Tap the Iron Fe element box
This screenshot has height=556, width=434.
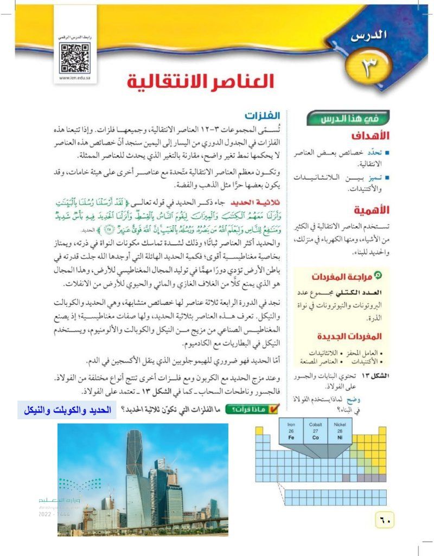[x=291, y=431]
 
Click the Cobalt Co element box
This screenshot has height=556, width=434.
[x=316, y=431]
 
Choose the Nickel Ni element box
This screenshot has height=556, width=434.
[x=340, y=431]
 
